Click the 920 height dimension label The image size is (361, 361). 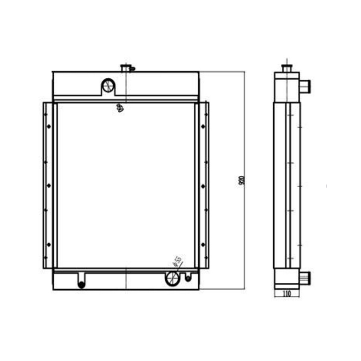(241, 180)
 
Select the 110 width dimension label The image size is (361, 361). (287, 294)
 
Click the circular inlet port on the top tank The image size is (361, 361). (108, 85)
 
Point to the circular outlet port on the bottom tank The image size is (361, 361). (172, 278)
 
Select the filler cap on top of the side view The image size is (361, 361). (286, 68)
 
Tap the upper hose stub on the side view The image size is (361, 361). (305, 85)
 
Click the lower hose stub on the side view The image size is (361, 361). (305, 276)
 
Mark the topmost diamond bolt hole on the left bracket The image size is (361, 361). (49, 126)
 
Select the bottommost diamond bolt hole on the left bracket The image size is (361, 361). (49, 244)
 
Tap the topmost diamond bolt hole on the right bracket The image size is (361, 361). (203, 126)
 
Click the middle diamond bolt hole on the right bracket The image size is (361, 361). (203, 186)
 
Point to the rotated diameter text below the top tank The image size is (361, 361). (120, 107)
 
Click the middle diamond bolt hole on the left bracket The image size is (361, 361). (49, 185)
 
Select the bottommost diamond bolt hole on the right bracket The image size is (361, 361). (203, 244)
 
